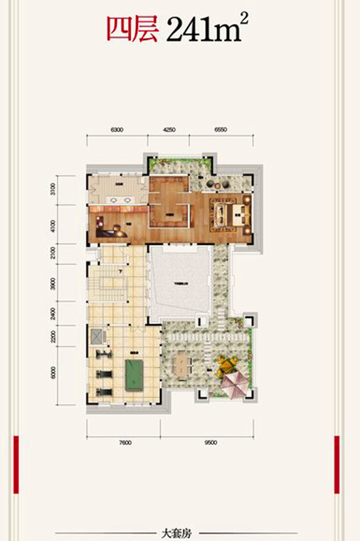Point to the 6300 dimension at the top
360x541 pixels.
click(x=117, y=130)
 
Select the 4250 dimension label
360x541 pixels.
click(x=169, y=130)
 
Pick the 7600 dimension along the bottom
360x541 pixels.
click(x=125, y=442)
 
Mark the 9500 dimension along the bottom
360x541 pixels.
click(x=208, y=442)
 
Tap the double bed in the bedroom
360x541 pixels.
click(x=233, y=213)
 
